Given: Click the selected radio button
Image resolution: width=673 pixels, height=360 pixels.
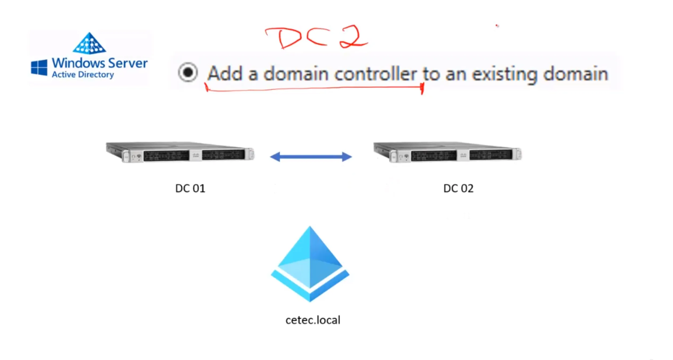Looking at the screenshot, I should [188, 72].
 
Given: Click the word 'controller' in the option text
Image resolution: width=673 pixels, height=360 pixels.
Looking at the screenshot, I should [375, 74].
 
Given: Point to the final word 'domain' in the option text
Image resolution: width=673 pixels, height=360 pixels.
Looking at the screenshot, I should [576, 74].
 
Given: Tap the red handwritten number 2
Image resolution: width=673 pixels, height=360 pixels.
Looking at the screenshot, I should [353, 37].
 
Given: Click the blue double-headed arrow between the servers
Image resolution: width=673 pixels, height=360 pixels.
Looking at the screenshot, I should [311, 157].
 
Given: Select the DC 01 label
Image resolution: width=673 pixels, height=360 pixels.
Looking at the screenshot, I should [190, 189].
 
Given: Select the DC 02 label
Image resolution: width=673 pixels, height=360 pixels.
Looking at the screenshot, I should [458, 189].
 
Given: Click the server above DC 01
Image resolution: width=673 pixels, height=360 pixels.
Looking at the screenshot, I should [180, 152].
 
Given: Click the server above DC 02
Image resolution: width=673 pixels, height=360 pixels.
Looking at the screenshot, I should [448, 152].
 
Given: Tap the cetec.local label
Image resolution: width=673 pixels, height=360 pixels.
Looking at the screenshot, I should [313, 320].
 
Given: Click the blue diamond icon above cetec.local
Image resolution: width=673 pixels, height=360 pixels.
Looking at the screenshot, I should [310, 264].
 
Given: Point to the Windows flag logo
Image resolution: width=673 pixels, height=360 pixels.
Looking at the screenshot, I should [39, 67].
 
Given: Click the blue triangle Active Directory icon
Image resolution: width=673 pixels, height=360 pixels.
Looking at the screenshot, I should [89, 43].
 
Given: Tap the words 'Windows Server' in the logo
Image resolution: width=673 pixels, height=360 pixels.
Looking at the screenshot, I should [100, 63].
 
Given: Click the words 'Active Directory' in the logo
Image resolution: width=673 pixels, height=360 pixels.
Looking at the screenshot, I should [83, 75].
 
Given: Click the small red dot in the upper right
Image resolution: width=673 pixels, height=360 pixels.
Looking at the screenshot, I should [497, 26].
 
